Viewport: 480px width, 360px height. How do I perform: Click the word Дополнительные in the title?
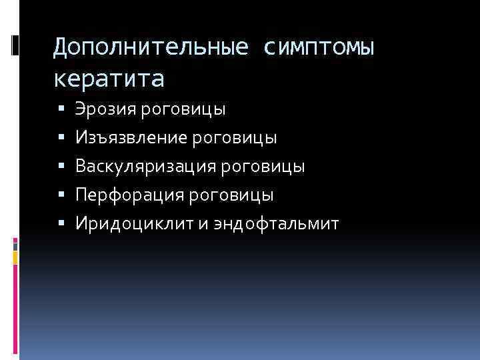click(151, 47)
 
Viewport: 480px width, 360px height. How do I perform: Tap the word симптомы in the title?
click(319, 47)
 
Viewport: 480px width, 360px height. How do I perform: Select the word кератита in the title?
click(108, 79)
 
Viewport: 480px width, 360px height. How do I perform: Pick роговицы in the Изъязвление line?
click(234, 137)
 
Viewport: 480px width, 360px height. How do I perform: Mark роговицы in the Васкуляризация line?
click(266, 166)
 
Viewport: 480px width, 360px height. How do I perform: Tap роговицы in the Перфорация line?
click(231, 195)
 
